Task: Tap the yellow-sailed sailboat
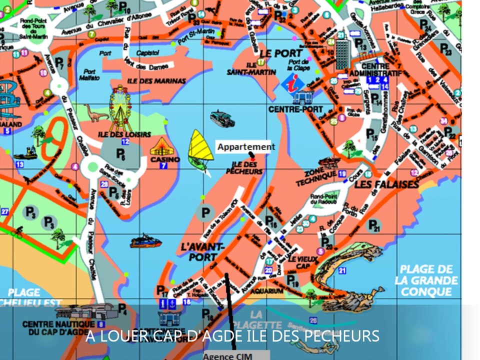coord(200,148)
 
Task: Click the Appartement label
coord(245,146)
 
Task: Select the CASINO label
coord(165,159)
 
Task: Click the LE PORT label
coord(281,53)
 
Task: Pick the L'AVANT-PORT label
coord(203,252)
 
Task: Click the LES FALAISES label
coord(386,185)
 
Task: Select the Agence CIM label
coord(228,356)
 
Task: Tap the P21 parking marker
coord(374,225)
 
